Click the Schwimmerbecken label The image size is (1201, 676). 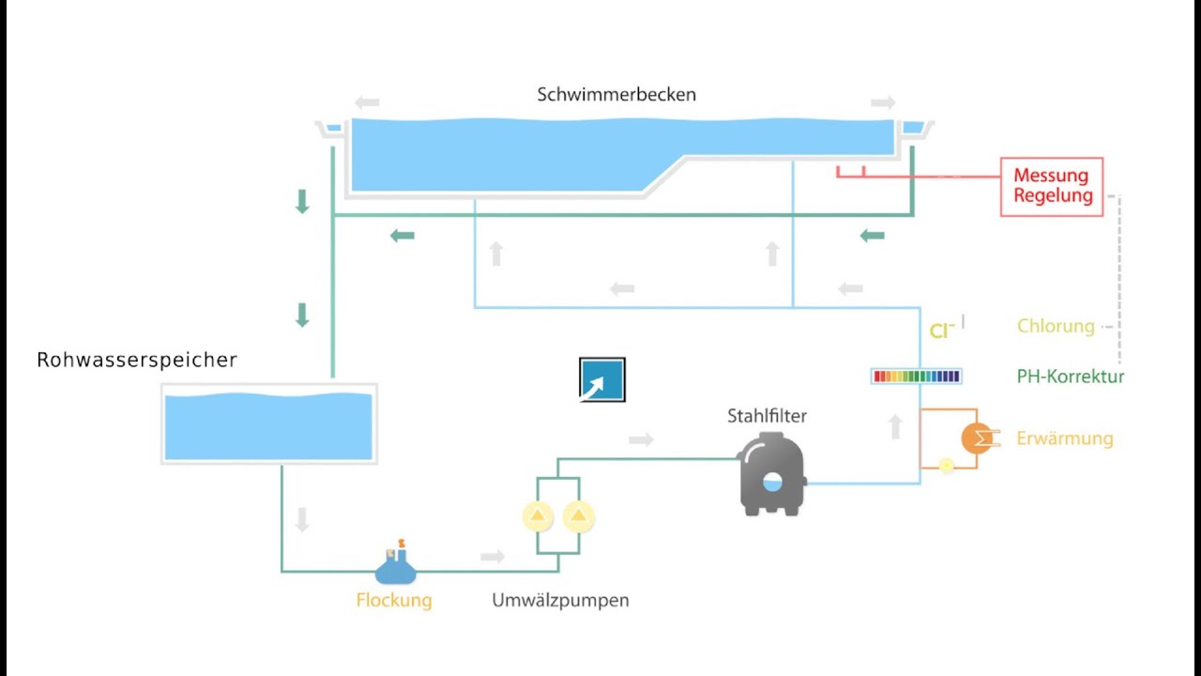[x=616, y=95]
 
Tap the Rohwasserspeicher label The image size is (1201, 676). [x=137, y=361]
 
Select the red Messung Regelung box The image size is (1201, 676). [x=1052, y=187]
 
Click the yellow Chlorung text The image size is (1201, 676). [x=1056, y=327]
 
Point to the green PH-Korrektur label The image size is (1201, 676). [x=1070, y=376]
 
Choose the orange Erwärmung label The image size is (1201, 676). [x=1065, y=438]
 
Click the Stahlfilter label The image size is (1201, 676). [x=767, y=416]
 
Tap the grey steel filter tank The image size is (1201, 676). [x=771, y=476]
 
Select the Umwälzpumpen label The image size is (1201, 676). [x=560, y=601]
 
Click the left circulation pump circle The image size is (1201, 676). [x=538, y=515]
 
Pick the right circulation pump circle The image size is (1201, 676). [x=579, y=515]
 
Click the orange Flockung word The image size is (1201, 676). [x=394, y=601]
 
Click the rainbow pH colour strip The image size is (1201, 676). [x=917, y=376]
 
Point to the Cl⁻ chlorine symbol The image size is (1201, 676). [x=942, y=330]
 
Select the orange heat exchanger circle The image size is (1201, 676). [x=977, y=438]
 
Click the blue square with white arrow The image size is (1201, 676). [x=602, y=380]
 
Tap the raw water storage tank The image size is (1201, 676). [x=268, y=424]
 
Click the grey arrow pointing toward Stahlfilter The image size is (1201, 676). [x=641, y=438]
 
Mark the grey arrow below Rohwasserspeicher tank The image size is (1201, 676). [x=302, y=520]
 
